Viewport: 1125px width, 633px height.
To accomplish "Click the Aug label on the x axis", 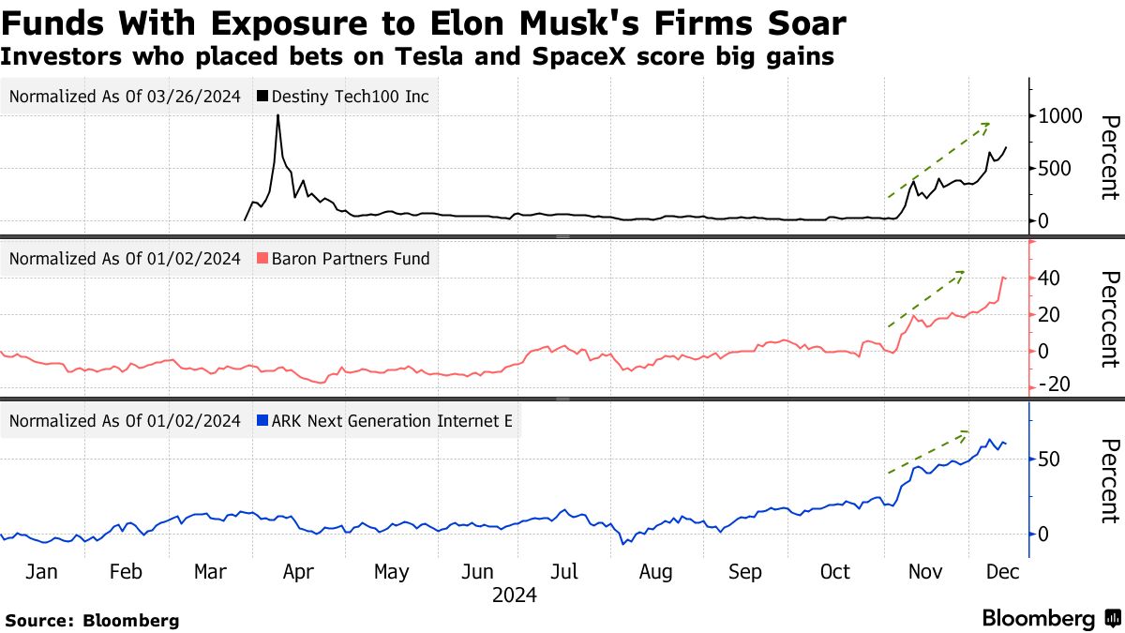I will click(655, 572).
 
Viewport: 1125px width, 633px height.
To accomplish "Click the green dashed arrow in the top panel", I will click(938, 159).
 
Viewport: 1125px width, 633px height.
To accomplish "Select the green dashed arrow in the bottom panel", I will click(928, 453).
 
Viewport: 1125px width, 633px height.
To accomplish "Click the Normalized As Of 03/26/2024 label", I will click(126, 97).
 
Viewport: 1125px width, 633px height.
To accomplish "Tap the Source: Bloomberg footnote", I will click(92, 620).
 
